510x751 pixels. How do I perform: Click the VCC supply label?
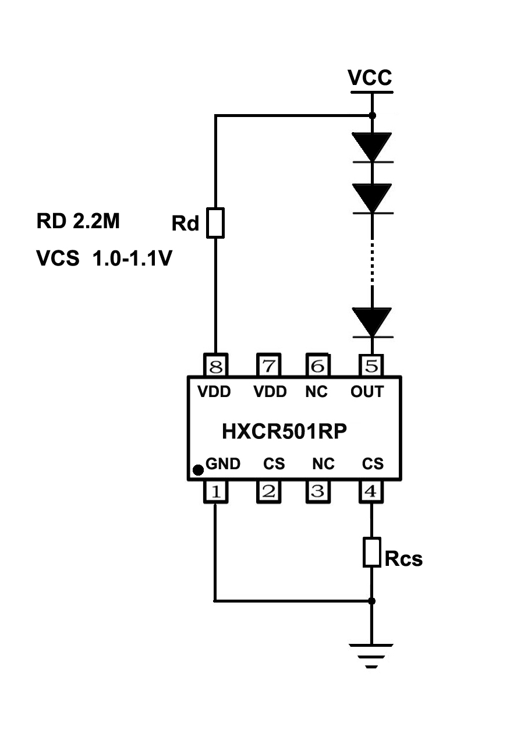pos(370,77)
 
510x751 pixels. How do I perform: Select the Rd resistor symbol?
pos(215,222)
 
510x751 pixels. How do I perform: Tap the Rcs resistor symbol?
pos(372,552)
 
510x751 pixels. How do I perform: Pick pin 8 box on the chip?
pos(215,366)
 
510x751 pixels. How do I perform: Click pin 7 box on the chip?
pos(270,366)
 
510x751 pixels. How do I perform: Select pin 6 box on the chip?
pos(318,366)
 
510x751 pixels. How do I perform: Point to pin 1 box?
pos(215,492)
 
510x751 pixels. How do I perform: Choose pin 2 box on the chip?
pos(270,492)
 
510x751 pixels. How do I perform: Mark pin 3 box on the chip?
pos(318,492)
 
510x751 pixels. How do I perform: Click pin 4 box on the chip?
pos(371,492)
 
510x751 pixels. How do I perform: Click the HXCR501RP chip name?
pos(285,431)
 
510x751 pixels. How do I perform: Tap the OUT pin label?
pos(367,392)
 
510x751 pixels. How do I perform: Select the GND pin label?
pos(223,464)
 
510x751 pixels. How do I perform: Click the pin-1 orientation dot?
pos(198,469)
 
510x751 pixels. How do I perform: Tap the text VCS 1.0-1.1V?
pos(104,258)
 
